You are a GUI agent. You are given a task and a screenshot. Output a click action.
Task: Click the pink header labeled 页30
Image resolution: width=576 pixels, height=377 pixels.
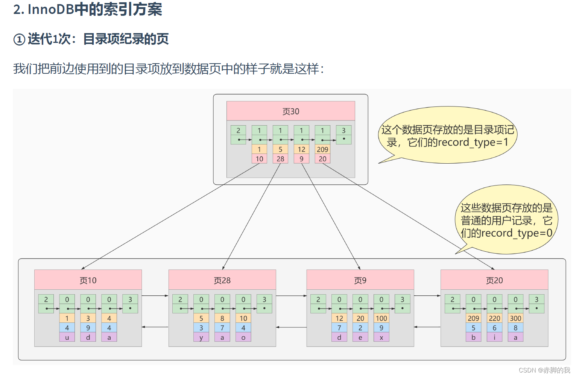pyautogui.click(x=290, y=111)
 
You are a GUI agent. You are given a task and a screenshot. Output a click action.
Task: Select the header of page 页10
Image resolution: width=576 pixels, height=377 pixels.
pyautogui.click(x=88, y=280)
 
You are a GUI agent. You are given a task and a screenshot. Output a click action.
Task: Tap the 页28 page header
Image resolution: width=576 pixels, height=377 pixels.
pyautogui.click(x=222, y=280)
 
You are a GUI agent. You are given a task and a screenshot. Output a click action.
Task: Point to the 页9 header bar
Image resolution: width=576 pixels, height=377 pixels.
pyautogui.click(x=360, y=280)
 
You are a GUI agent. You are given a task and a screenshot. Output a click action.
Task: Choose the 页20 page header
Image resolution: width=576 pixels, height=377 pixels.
pyautogui.click(x=494, y=280)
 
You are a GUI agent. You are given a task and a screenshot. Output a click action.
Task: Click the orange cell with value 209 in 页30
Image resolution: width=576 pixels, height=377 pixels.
pyautogui.click(x=322, y=149)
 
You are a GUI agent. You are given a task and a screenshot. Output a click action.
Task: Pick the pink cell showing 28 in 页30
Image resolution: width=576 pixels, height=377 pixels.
pyautogui.click(x=280, y=159)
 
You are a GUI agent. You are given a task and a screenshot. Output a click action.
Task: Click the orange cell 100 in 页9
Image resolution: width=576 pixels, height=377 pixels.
pyautogui.click(x=381, y=318)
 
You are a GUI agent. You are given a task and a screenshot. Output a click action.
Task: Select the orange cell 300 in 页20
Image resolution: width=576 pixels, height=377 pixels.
pyautogui.click(x=515, y=318)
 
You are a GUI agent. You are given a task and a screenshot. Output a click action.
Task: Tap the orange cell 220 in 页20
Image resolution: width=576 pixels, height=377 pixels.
pyautogui.click(x=494, y=318)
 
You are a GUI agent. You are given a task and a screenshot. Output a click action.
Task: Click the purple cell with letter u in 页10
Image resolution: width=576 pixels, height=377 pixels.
pyautogui.click(x=67, y=337)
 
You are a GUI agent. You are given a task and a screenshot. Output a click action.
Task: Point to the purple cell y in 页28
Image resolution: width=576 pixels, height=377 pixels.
pyautogui.click(x=201, y=337)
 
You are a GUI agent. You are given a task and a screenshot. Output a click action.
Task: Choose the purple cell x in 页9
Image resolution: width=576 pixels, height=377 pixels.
pyautogui.click(x=381, y=337)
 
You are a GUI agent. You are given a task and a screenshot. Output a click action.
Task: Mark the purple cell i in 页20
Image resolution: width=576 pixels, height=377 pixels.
pyautogui.click(x=494, y=337)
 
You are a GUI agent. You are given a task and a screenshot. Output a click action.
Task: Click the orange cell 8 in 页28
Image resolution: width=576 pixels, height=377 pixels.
pyautogui.click(x=222, y=318)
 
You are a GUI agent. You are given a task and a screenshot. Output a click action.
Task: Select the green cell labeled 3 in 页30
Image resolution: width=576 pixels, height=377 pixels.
pyautogui.click(x=343, y=131)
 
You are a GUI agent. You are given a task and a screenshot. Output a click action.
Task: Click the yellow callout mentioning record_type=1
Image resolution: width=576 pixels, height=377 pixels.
pyautogui.click(x=447, y=135)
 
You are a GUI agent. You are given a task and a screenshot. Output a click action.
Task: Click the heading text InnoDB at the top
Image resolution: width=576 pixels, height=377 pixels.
pyautogui.click(x=51, y=9)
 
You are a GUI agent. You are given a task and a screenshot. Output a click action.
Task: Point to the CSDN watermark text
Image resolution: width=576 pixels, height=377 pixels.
pyautogui.click(x=544, y=370)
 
